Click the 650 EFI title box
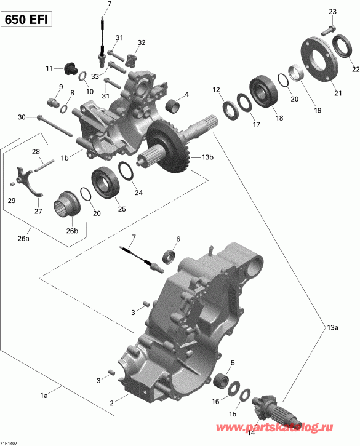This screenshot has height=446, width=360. click(x=26, y=20)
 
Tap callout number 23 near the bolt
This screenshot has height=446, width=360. click(x=332, y=12)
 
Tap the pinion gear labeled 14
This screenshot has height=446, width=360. click(x=271, y=408)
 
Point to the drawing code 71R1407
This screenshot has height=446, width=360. click(x=10, y=442)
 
